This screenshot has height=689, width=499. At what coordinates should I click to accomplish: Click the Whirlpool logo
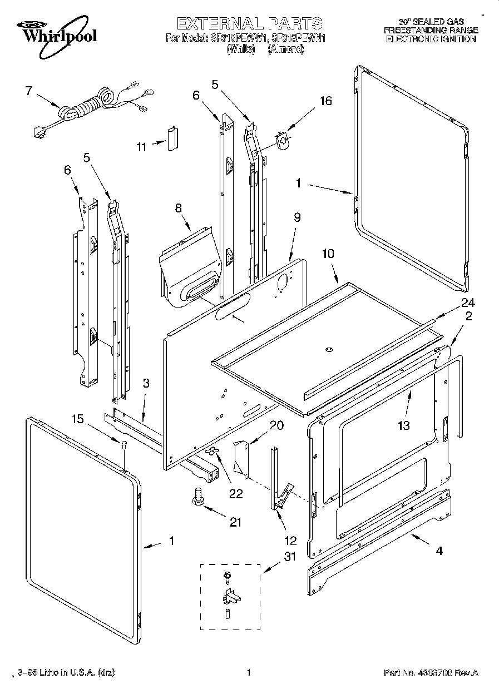[56, 32]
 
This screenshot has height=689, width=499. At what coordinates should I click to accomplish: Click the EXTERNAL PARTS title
[249, 23]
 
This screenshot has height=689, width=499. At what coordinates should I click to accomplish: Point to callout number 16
[325, 101]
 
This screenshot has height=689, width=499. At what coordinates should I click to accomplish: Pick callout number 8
[179, 209]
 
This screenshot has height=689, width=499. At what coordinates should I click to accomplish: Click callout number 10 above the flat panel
[328, 254]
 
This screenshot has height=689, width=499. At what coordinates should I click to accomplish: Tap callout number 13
[403, 425]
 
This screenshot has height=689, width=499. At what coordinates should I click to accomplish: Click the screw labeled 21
[197, 495]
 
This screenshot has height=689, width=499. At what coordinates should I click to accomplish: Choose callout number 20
[276, 425]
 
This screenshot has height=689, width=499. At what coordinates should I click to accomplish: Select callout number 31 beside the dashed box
[290, 556]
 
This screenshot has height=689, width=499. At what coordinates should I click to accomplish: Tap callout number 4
[439, 552]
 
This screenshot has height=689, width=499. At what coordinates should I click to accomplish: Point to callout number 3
[146, 383]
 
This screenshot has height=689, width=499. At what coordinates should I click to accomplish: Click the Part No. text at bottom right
[431, 672]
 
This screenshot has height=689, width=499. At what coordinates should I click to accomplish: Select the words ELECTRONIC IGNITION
[431, 39]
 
